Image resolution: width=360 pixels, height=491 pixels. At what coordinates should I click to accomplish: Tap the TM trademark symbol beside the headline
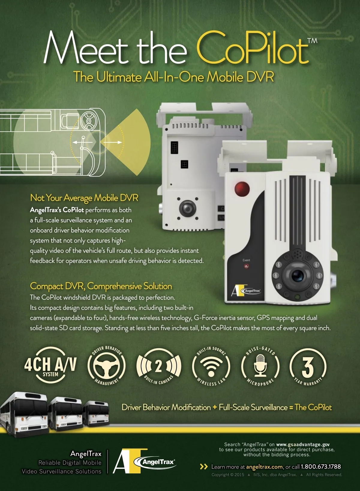312,41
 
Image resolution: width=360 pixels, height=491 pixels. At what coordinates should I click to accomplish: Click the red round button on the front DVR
242,189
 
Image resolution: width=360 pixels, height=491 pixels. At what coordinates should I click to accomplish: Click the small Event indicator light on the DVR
246,266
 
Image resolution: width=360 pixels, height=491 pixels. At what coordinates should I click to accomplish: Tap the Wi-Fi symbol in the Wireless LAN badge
211,366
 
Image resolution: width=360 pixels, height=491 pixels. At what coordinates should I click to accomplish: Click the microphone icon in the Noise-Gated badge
260,365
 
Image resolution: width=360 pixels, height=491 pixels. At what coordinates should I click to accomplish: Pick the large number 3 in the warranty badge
308,366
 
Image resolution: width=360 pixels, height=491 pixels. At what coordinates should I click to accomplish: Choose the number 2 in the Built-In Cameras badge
158,366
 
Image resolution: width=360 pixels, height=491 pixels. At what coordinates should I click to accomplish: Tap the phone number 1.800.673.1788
321,467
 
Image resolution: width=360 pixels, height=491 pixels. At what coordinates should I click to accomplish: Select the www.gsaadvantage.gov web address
303,444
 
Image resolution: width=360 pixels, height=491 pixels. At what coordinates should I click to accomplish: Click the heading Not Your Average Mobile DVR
84,198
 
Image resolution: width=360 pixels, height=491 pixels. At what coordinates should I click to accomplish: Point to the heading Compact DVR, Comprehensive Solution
101,286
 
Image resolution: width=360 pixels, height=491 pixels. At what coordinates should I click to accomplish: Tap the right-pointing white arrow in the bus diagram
112,142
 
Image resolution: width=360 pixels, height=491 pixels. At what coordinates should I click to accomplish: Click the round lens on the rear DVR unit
187,208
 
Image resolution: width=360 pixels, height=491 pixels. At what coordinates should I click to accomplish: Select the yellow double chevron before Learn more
204,467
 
